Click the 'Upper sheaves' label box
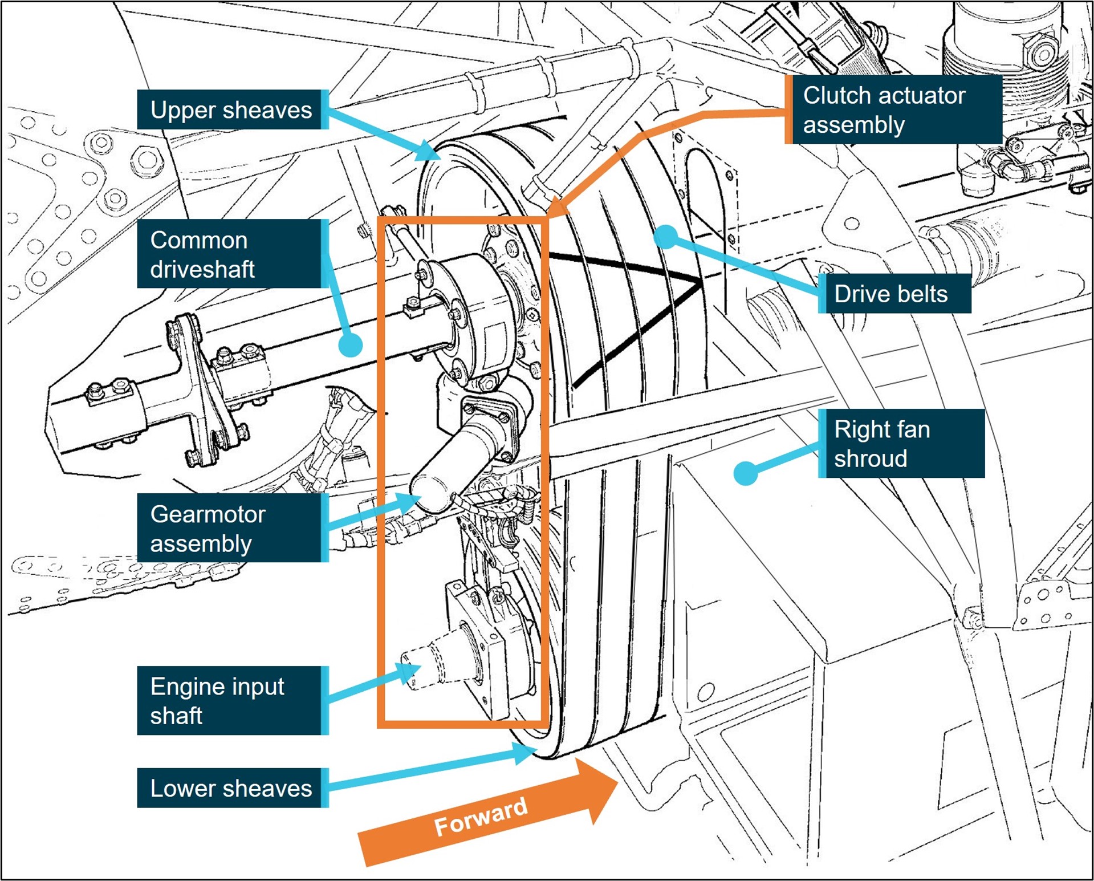pos(231,109)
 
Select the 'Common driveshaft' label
pos(231,254)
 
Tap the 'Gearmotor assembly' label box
pos(231,528)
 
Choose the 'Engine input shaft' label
pos(231,700)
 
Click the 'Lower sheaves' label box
pos(231,788)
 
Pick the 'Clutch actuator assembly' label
pos(893,109)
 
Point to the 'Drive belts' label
pos(893,294)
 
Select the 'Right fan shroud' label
pos(901,443)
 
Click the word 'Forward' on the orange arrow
pos(481,817)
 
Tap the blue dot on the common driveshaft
pos(350,345)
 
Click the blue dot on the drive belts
pos(665,236)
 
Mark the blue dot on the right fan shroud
pos(745,473)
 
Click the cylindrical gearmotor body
pos(450,468)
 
